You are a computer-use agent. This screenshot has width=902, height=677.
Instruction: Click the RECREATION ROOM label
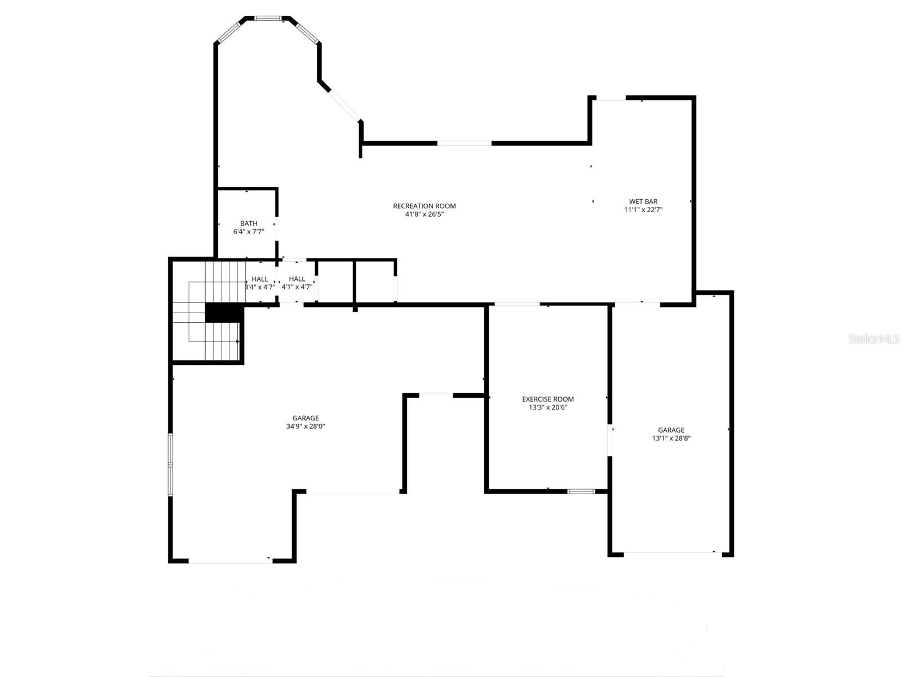(424, 206)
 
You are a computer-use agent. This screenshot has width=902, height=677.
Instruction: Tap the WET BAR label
(643, 201)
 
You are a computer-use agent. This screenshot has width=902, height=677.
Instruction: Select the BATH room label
(249, 223)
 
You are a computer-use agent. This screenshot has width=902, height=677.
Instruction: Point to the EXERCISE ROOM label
(547, 399)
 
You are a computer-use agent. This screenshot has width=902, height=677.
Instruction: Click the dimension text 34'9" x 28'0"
(306, 427)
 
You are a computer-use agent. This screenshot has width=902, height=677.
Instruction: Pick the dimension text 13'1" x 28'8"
(671, 438)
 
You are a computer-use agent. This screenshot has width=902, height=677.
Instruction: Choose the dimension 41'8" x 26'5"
(424, 214)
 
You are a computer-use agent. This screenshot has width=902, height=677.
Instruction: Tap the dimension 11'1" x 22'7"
(643, 210)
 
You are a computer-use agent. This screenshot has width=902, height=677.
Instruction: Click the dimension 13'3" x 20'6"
(547, 407)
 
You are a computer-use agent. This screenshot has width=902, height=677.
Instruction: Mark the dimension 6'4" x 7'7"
(249, 231)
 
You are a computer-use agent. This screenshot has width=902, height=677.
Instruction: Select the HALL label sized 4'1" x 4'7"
(297, 279)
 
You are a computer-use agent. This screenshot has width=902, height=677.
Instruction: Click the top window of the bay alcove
(268, 19)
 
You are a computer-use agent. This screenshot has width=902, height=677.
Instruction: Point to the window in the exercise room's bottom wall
(581, 491)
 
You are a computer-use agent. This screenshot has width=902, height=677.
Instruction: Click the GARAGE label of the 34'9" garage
(306, 418)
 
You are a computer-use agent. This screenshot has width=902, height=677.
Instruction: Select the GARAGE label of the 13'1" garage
(671, 430)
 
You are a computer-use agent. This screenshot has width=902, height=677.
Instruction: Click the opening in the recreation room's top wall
(465, 143)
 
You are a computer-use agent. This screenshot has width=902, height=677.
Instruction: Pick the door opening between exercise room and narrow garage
(610, 440)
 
